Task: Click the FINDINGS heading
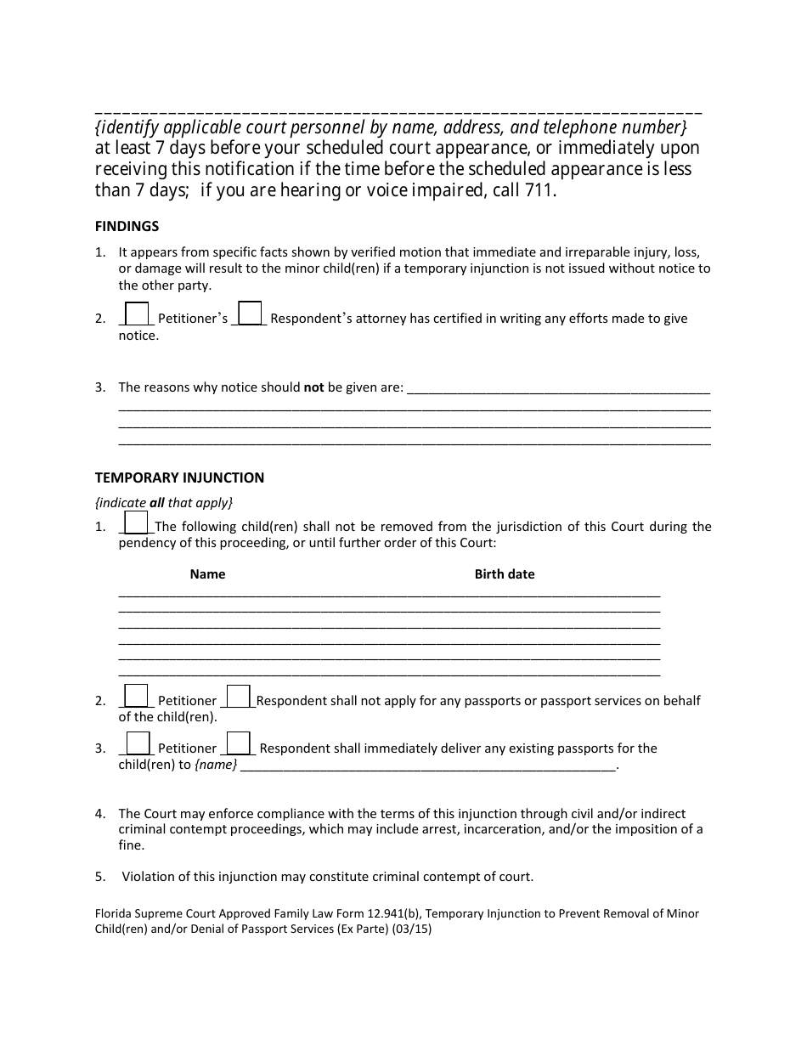[127, 226]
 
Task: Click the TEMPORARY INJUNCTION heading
[179, 477]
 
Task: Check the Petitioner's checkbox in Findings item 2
[137, 313]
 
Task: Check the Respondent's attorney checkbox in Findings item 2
[250, 313]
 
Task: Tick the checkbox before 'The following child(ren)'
[137, 522]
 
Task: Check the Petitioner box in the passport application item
[137, 696]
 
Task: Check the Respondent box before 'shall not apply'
[239, 696]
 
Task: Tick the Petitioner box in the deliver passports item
[137, 743]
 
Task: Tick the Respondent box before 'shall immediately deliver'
[239, 743]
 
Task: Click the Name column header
[207, 573]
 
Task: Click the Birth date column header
[505, 573]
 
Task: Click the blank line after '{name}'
[428, 766]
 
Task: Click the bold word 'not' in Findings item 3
[314, 387]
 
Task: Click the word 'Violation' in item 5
[150, 876]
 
